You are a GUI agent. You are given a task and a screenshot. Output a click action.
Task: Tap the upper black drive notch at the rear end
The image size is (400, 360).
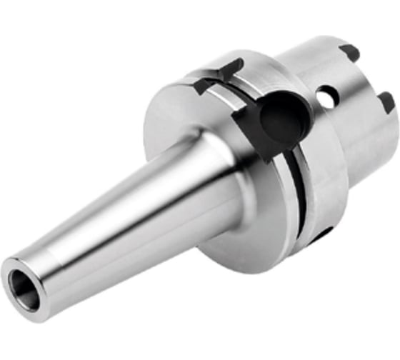349,52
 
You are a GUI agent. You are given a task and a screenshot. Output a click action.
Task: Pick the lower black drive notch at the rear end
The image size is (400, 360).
386,101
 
